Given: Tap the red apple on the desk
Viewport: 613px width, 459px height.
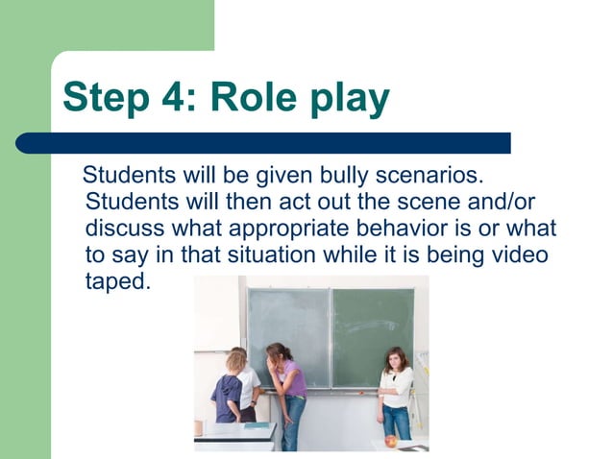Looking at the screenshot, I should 390,442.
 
